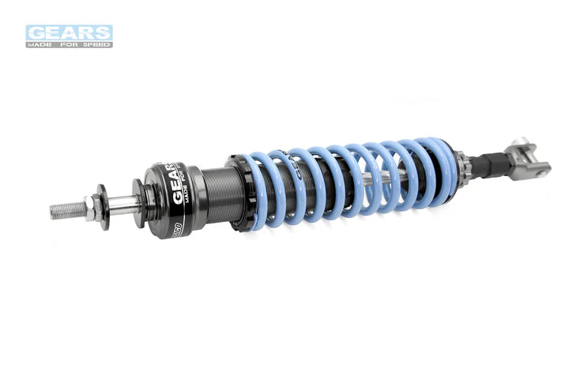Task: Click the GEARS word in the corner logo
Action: (x=69, y=32)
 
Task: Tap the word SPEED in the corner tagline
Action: (x=96, y=44)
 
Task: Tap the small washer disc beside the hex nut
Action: (x=104, y=207)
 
